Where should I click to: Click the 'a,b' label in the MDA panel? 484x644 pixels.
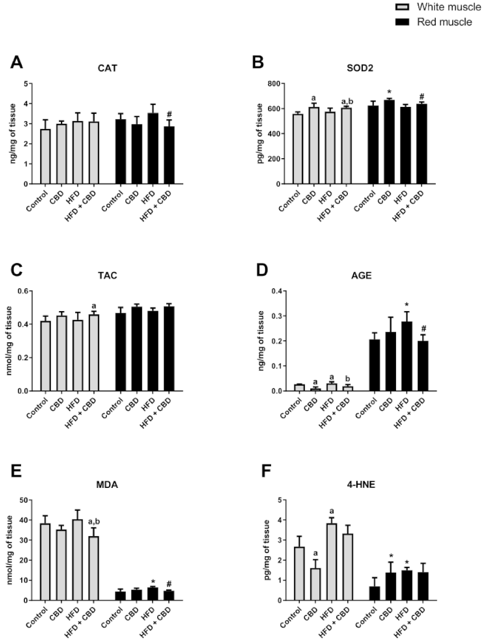click(94, 521)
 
